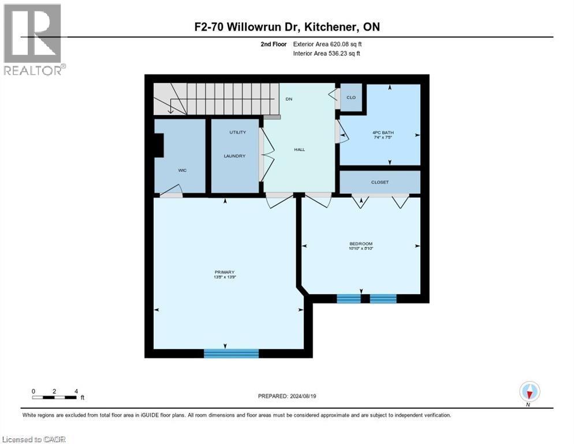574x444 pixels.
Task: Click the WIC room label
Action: (x=182, y=171)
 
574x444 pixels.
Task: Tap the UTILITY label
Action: (x=237, y=132)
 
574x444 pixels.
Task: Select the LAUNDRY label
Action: (x=235, y=156)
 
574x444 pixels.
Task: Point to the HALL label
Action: (x=299, y=150)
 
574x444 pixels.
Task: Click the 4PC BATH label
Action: (x=379, y=132)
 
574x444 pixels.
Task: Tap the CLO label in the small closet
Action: (x=351, y=98)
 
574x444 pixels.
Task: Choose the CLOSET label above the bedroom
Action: (x=380, y=182)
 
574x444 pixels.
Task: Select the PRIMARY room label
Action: (x=225, y=272)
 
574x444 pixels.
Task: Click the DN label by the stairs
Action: (x=289, y=99)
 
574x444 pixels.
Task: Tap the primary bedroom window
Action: (x=231, y=353)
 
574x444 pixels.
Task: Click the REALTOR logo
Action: (x=33, y=39)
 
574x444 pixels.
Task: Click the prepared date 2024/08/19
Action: (x=287, y=396)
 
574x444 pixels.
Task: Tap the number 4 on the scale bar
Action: (x=76, y=391)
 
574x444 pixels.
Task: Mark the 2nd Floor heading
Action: (x=273, y=44)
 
